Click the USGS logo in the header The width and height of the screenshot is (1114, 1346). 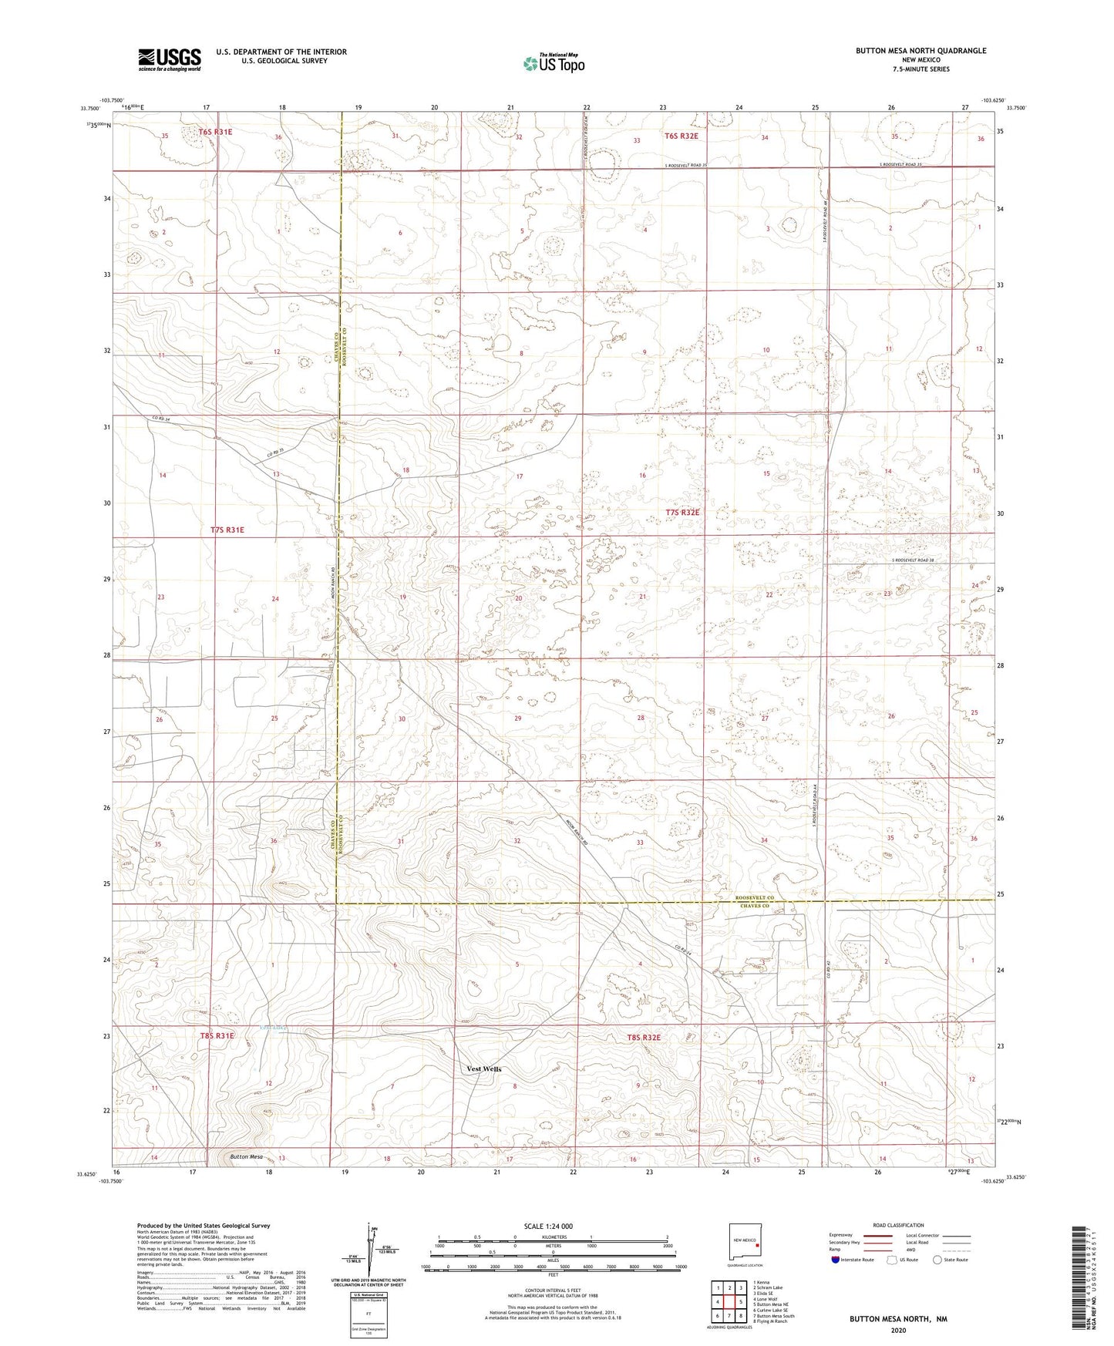tap(170, 59)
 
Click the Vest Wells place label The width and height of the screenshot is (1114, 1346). tap(484, 1068)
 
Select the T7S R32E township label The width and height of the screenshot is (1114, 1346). tap(682, 513)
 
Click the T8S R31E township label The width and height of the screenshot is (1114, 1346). tap(217, 1036)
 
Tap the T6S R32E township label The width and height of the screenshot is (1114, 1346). tap(681, 136)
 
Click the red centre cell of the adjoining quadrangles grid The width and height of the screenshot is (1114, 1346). tap(729, 1301)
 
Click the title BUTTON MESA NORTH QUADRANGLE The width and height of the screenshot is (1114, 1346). tap(920, 51)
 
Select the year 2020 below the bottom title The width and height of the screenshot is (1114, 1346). tap(897, 1331)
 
